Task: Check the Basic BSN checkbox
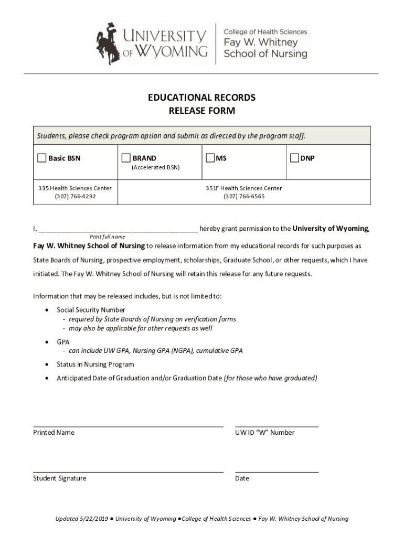click(41, 158)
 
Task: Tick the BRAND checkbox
click(126, 158)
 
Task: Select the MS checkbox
click(210, 158)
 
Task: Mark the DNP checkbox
click(294, 158)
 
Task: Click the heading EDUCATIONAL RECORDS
click(201, 98)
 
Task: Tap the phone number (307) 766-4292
click(75, 197)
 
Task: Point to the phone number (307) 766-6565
click(244, 197)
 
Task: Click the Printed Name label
click(54, 433)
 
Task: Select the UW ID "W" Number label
click(265, 433)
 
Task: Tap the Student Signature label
click(60, 478)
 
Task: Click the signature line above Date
click(277, 472)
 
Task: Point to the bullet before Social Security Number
click(48, 310)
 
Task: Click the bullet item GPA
click(63, 341)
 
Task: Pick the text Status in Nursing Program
click(95, 364)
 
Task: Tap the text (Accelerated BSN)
click(155, 168)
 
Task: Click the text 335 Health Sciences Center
click(75, 188)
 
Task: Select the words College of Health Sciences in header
click(265, 32)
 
